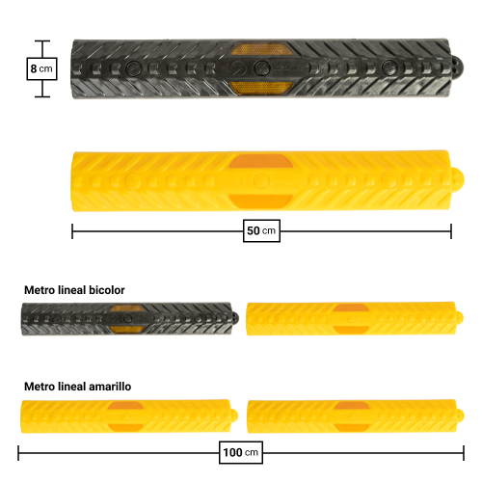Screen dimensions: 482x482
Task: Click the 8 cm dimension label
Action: pos(41,68)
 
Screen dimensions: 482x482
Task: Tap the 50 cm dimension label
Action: pos(261,230)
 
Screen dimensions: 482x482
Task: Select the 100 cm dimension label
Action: pos(241,452)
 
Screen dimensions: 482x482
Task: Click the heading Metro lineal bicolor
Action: pos(74,290)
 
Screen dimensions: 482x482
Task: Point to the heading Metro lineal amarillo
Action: pos(78,387)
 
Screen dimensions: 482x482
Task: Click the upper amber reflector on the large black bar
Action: pos(261,49)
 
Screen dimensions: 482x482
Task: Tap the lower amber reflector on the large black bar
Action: pos(261,88)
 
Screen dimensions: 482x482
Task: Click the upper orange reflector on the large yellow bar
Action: pos(261,161)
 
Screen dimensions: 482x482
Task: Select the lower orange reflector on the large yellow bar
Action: pos(261,201)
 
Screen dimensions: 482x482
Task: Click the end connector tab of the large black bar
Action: pos(457,68)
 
